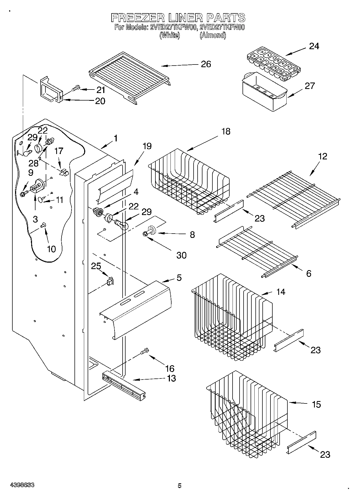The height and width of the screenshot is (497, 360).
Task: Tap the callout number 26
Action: point(206,64)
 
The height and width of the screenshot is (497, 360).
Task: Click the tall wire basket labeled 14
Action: point(231,317)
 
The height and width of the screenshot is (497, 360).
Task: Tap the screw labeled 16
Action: point(145,351)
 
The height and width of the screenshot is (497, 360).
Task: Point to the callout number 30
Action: point(181,255)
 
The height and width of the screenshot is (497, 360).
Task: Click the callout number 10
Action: point(51,249)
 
